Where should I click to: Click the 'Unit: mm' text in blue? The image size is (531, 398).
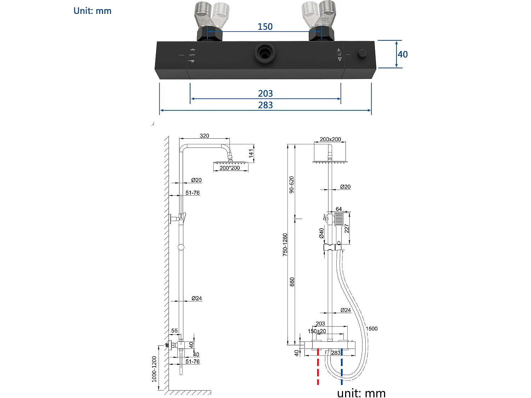coord(92,11)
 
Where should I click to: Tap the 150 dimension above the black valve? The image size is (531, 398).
coord(265,27)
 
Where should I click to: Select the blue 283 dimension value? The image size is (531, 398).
coord(265,105)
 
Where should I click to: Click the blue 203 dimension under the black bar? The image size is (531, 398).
coord(265,93)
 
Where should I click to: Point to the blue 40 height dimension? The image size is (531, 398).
coord(403,54)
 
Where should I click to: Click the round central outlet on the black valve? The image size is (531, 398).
coord(265,53)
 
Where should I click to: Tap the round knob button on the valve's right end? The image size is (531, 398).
coord(362,53)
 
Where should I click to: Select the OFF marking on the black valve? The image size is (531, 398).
coord(192,55)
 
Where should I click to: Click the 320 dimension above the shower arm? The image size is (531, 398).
coord(204,136)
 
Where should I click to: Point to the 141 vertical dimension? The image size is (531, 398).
coord(251,153)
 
